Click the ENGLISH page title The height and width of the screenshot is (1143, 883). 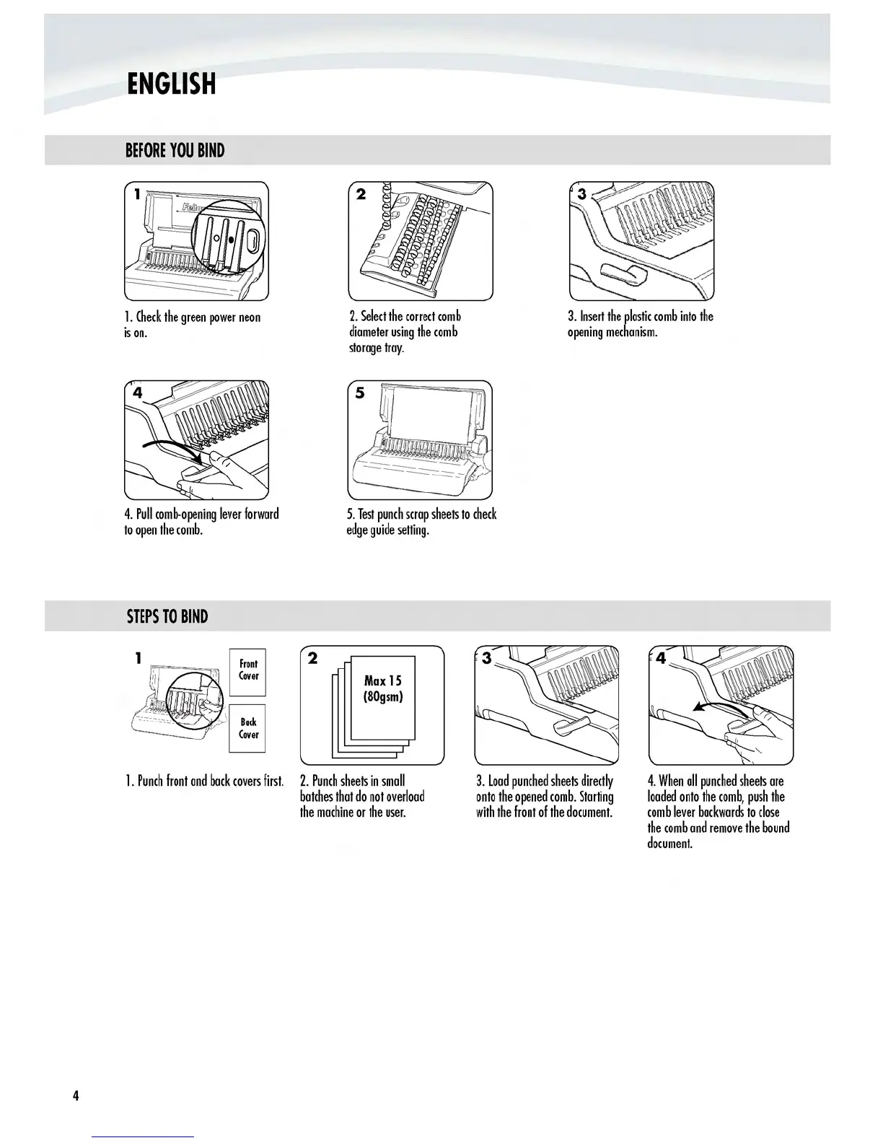tap(171, 84)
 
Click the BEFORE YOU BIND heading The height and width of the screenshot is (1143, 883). tap(175, 151)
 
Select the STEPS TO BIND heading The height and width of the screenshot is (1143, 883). tap(167, 617)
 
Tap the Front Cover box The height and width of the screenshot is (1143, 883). tap(248, 670)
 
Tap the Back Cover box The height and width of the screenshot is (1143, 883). tap(248, 728)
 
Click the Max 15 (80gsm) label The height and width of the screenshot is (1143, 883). tap(383, 689)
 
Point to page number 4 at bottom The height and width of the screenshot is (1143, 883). tap(75, 1095)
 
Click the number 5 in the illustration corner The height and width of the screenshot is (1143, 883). tap(360, 393)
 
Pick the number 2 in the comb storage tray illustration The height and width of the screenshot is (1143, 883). tap(361, 193)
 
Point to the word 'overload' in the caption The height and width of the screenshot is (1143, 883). tap(405, 797)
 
